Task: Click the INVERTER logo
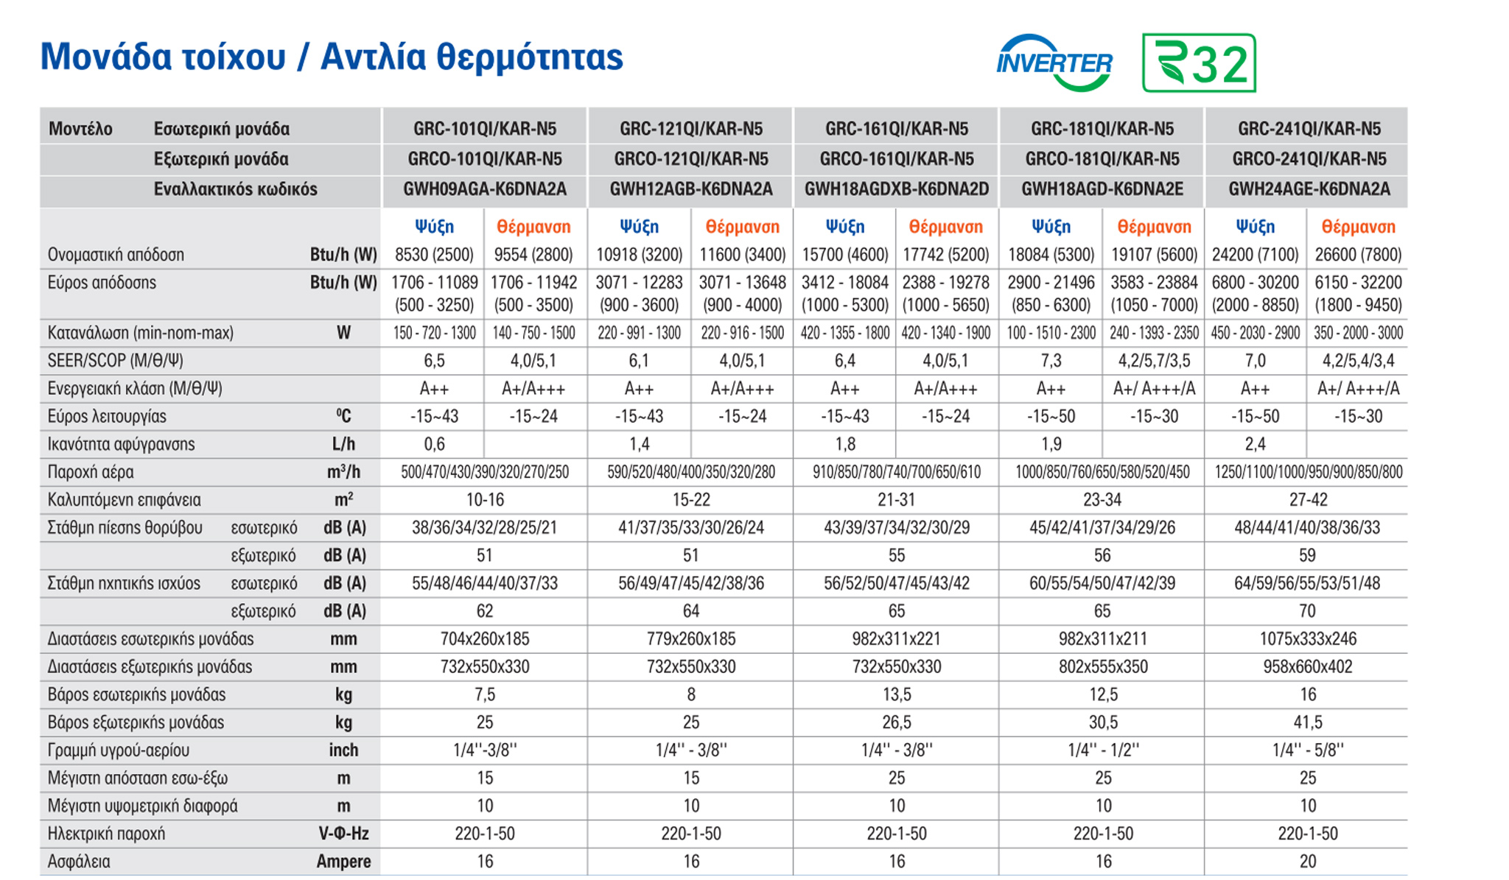tap(1054, 63)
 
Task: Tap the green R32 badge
tap(1199, 63)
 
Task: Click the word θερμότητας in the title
tap(530, 57)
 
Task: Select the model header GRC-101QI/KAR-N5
tap(484, 129)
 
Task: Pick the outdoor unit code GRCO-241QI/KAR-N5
tap(1309, 159)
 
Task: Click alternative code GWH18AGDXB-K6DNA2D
tap(896, 189)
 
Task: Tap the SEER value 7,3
tap(1051, 361)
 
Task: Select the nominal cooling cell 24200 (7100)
tap(1255, 255)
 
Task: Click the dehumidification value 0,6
tap(434, 444)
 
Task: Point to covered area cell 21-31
tap(896, 500)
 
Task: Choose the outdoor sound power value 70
tap(1307, 611)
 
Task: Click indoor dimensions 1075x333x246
tap(1307, 639)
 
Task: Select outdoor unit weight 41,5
tap(1307, 722)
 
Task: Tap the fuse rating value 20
tap(1307, 862)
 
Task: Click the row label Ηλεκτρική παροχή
tap(106, 834)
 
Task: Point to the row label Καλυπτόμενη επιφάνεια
tap(124, 500)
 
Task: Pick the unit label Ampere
tap(343, 862)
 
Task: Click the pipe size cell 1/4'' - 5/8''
tap(1307, 750)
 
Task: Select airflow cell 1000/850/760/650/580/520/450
tap(1102, 472)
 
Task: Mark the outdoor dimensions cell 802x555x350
tap(1102, 667)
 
